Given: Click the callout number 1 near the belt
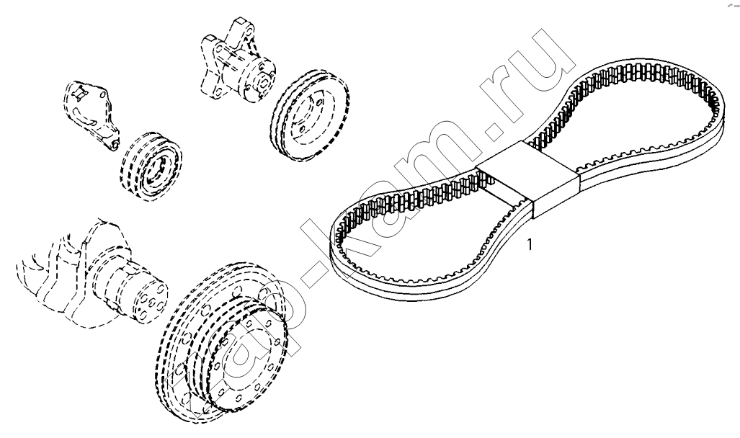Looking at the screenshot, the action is tap(530, 244).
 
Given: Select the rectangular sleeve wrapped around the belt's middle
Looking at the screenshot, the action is tap(528, 180).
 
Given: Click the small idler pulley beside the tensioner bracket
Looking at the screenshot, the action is tap(150, 165).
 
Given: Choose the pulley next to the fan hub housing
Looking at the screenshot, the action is tap(310, 115).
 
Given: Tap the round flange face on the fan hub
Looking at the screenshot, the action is tap(263, 79).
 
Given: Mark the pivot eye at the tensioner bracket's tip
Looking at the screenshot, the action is tap(113, 143).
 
